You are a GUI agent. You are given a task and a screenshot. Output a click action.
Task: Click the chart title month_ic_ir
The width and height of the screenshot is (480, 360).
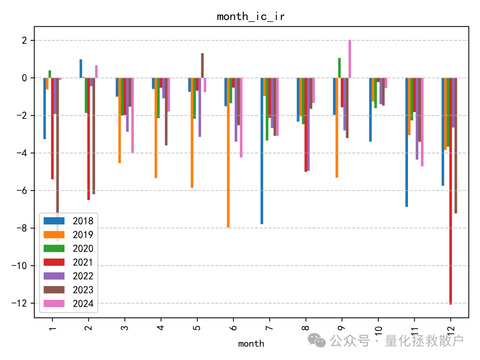(x=251, y=17)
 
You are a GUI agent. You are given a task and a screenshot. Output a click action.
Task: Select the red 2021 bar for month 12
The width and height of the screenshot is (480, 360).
(x=451, y=191)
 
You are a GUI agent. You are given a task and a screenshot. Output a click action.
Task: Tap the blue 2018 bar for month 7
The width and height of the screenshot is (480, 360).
(x=262, y=151)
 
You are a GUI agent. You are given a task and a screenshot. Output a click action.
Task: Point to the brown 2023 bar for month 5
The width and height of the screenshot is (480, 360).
(x=202, y=65)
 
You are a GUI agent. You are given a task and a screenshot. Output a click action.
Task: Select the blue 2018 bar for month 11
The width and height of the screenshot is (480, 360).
(x=407, y=142)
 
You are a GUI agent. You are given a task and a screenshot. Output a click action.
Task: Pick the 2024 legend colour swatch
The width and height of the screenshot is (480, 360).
(x=53, y=304)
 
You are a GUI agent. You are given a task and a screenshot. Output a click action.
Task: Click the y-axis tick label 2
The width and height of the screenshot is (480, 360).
(x=24, y=40)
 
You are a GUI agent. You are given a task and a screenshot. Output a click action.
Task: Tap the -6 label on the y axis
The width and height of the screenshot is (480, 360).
(x=21, y=191)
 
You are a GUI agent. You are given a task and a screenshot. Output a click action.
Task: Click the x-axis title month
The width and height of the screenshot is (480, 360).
(x=251, y=344)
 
